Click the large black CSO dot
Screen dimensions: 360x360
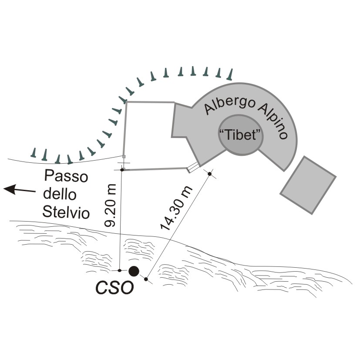click(134, 271)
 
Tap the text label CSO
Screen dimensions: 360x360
click(114, 288)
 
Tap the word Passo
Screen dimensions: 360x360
click(67, 177)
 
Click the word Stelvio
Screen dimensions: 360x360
click(66, 213)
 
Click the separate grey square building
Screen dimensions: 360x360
click(308, 185)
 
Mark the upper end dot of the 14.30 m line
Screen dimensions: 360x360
click(210, 174)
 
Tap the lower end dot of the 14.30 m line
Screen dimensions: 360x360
click(146, 279)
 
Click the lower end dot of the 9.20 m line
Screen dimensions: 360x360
click(120, 270)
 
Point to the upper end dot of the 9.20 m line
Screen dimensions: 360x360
click(122, 169)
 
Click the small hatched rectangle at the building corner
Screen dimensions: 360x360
click(192, 168)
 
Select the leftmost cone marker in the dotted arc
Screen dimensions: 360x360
click(34, 152)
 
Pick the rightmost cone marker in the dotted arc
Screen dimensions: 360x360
click(230, 74)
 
